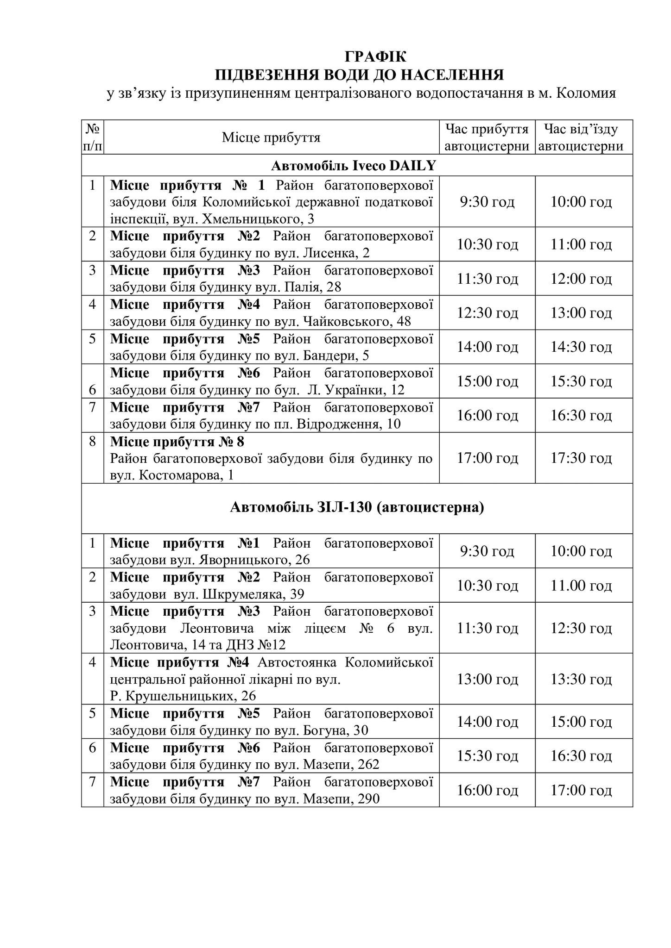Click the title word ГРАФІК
(375, 56)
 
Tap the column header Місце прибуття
(271, 137)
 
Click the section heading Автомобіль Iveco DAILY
(354, 165)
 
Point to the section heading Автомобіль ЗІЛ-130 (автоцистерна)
(357, 508)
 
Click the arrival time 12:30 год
(487, 313)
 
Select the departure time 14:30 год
(581, 347)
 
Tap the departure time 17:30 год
(581, 458)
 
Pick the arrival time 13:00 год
(487, 679)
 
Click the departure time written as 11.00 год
(581, 586)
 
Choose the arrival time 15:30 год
(487, 756)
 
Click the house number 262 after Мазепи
(368, 764)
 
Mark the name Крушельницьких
(179, 696)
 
